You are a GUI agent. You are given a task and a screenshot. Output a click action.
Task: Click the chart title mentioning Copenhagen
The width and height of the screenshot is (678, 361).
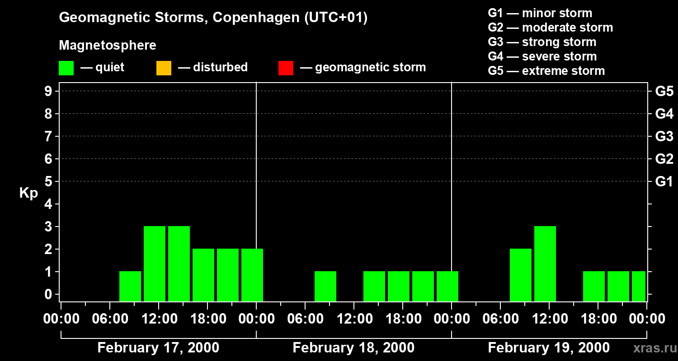click(x=213, y=18)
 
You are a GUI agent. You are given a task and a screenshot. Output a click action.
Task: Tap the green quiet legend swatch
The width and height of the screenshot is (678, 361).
click(x=66, y=68)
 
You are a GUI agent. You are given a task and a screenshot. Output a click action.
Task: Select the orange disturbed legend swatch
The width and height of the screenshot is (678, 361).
click(x=164, y=68)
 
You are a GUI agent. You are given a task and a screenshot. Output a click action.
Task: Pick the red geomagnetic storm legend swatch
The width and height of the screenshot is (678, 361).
click(x=286, y=68)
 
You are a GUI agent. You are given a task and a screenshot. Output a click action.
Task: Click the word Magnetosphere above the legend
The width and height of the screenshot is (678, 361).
click(x=108, y=46)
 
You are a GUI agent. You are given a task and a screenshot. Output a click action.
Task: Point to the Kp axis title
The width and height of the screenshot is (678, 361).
click(x=28, y=193)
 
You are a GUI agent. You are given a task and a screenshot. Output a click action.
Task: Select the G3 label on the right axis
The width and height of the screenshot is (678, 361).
click(x=664, y=136)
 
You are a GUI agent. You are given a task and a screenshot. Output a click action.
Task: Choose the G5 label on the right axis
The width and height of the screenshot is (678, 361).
click(x=664, y=91)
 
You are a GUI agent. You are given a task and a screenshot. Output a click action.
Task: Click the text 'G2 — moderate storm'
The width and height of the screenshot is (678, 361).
click(x=550, y=28)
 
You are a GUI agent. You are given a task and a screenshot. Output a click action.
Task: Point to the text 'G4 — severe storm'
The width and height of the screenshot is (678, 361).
click(x=542, y=56)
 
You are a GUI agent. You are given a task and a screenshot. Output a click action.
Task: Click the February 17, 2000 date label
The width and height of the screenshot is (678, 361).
click(x=158, y=348)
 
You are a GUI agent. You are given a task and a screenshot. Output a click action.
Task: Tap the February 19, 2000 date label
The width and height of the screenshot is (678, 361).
click(x=549, y=348)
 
